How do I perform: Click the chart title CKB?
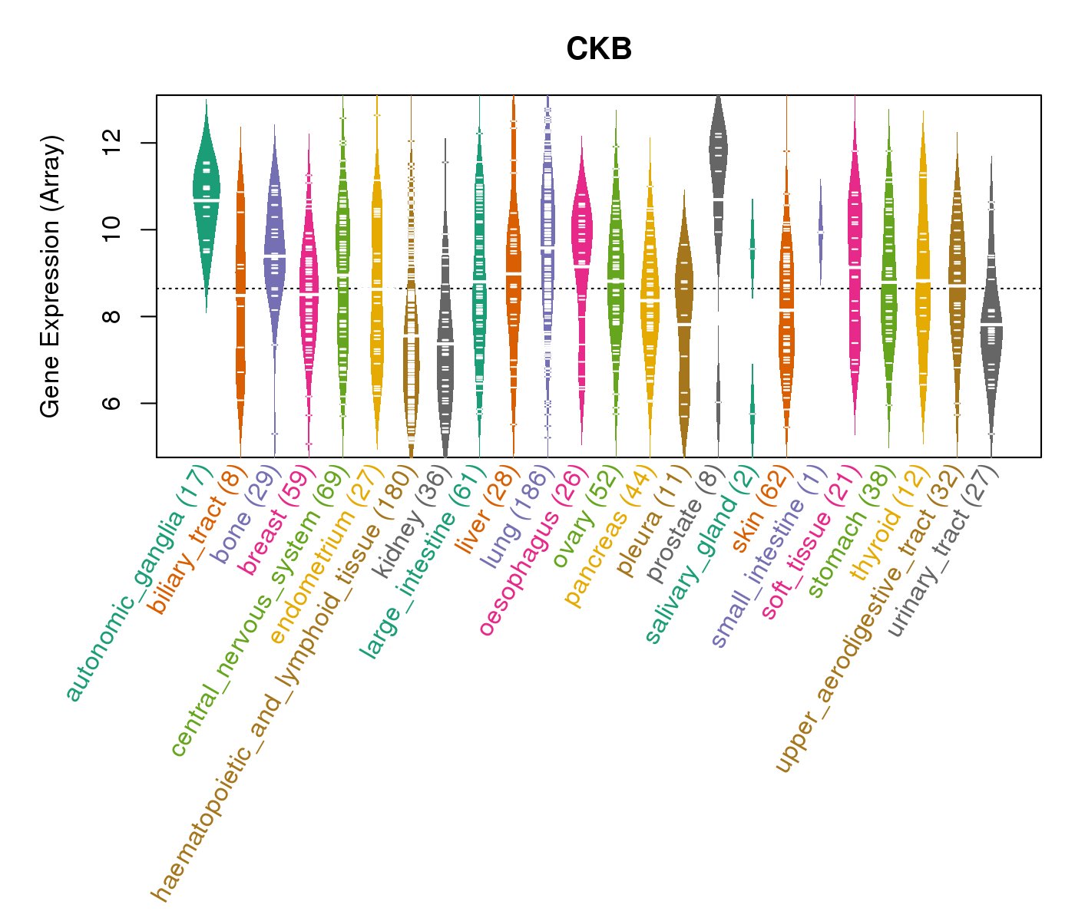pos(599,50)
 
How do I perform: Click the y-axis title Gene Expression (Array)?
pos(51,276)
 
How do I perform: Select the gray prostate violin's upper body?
pos(718,153)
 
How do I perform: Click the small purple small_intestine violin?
pos(820,230)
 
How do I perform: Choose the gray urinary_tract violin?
pos(991,330)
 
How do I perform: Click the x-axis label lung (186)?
pos(513,519)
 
